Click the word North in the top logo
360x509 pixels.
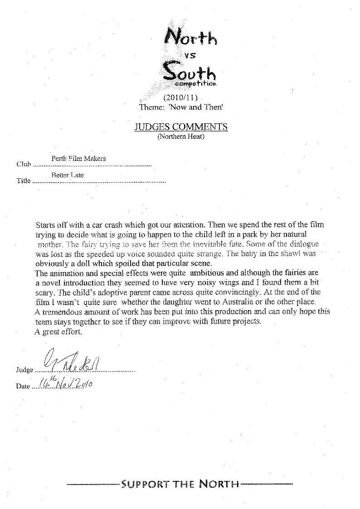coord(191,36)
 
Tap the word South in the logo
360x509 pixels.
coord(189,72)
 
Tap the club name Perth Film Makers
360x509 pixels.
coord(76,158)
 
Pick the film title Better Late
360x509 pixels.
coord(68,175)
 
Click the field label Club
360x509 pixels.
coord(23,164)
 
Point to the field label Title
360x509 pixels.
coord(23,181)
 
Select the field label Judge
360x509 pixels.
coord(24,370)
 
